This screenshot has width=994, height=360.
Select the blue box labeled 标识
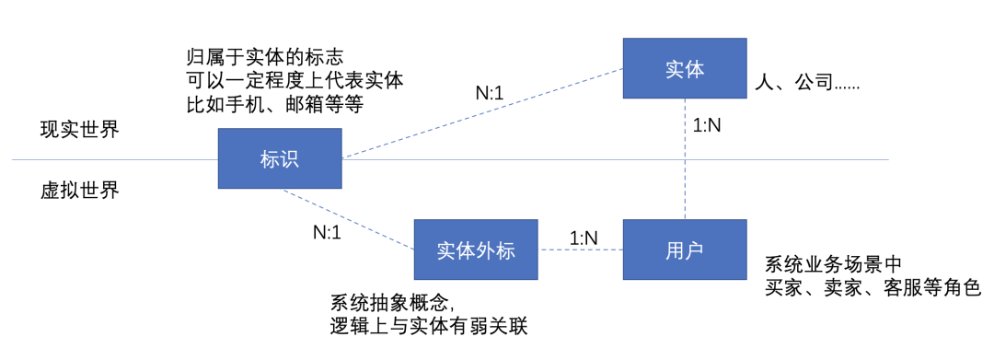(x=280, y=159)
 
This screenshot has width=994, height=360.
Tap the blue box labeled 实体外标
(x=475, y=250)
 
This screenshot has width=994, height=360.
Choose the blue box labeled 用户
(x=684, y=250)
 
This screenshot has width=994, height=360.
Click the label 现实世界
(x=79, y=129)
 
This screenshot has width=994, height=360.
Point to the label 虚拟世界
(x=79, y=191)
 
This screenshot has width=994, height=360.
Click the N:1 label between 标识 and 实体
(x=489, y=92)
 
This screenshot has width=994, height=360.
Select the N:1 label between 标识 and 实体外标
(x=327, y=232)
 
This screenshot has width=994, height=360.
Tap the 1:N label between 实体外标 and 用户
(x=584, y=238)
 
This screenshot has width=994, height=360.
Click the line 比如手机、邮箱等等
(x=274, y=105)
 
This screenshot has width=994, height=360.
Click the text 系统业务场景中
(x=834, y=264)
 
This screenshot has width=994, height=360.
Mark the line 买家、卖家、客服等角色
(x=873, y=288)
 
